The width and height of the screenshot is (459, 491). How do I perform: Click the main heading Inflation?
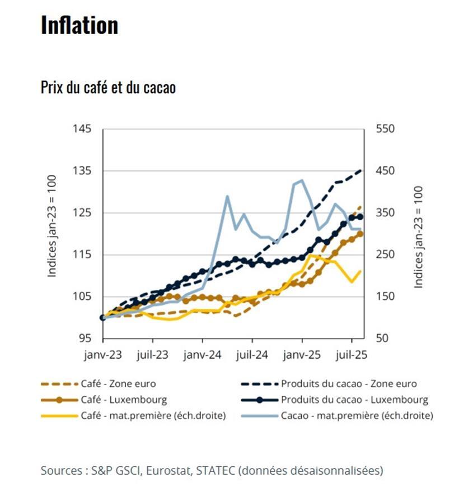click(79, 25)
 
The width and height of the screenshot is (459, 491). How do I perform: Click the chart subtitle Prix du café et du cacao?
click(108, 87)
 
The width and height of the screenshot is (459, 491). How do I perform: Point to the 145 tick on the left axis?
click(82, 129)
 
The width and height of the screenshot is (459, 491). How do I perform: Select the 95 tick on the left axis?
click(85, 339)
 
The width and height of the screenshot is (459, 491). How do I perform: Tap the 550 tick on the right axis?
click(386, 129)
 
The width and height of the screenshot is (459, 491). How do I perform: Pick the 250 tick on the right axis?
click(386, 254)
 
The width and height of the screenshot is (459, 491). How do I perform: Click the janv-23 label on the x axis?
click(103, 355)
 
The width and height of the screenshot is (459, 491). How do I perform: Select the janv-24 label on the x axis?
click(203, 355)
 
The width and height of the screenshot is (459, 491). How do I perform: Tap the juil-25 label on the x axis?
click(352, 355)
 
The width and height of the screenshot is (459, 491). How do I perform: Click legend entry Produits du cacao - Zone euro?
click(349, 384)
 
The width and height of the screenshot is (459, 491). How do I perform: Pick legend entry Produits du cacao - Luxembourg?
click(354, 400)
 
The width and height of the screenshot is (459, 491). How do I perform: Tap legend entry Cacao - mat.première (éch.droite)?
click(357, 415)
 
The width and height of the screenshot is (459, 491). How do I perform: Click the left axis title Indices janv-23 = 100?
click(52, 233)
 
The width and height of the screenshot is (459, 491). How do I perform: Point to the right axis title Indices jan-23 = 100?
click(418, 238)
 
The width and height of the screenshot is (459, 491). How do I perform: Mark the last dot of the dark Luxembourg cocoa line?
click(360, 217)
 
